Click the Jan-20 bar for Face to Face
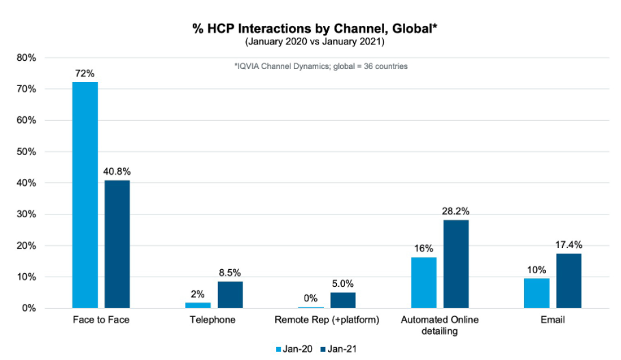(85, 195)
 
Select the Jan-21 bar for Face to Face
(117, 245)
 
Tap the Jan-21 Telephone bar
(230, 295)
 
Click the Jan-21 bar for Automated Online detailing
(456, 264)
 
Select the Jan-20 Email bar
(536, 293)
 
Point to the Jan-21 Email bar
(568, 281)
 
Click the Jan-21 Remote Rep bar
(343, 301)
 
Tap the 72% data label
(85, 72)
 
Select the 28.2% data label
(456, 210)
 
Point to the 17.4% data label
(568, 244)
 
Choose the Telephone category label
(214, 320)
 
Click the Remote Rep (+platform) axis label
(327, 320)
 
